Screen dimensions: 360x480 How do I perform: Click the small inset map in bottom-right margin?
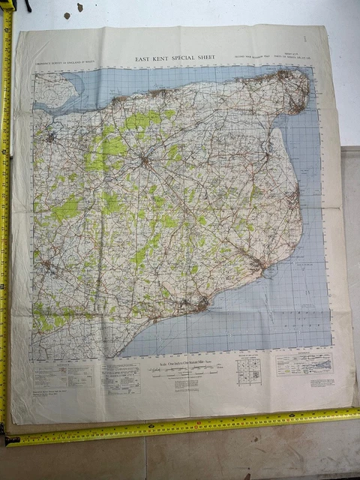304,364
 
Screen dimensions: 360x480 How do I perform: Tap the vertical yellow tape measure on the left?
5,225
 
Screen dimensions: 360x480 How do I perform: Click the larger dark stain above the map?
79,8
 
